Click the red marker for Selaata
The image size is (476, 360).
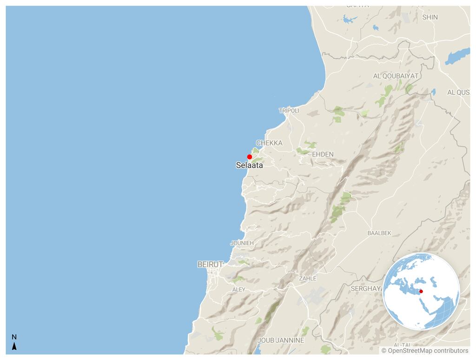(250, 157)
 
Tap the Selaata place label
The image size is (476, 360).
(249, 165)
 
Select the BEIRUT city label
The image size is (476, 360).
(210, 264)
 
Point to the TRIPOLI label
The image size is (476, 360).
(289, 111)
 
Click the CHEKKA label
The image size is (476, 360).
(269, 143)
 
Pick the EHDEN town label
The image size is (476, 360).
(323, 154)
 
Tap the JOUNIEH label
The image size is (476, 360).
(242, 243)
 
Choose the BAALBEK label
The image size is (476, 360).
(379, 233)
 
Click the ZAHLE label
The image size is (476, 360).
(307, 278)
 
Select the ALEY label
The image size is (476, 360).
(238, 289)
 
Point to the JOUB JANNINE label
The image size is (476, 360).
(281, 340)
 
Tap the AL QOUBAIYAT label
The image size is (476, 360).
(396, 76)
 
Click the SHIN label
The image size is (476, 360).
(430, 17)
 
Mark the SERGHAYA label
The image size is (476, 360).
(366, 288)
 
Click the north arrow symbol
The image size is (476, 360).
(14, 347)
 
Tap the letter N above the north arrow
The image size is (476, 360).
(14, 337)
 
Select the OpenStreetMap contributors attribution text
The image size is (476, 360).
(425, 351)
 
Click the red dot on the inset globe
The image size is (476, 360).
(421, 292)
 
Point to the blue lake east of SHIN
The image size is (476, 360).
(457, 56)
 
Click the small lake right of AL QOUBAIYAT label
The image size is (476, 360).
(433, 92)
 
